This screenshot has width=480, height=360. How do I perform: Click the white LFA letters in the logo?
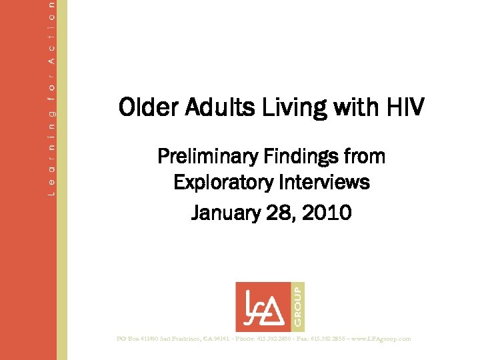click(x=263, y=306)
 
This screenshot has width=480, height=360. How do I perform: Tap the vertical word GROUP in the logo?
click(x=297, y=306)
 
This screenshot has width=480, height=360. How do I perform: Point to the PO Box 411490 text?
click(x=144, y=339)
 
